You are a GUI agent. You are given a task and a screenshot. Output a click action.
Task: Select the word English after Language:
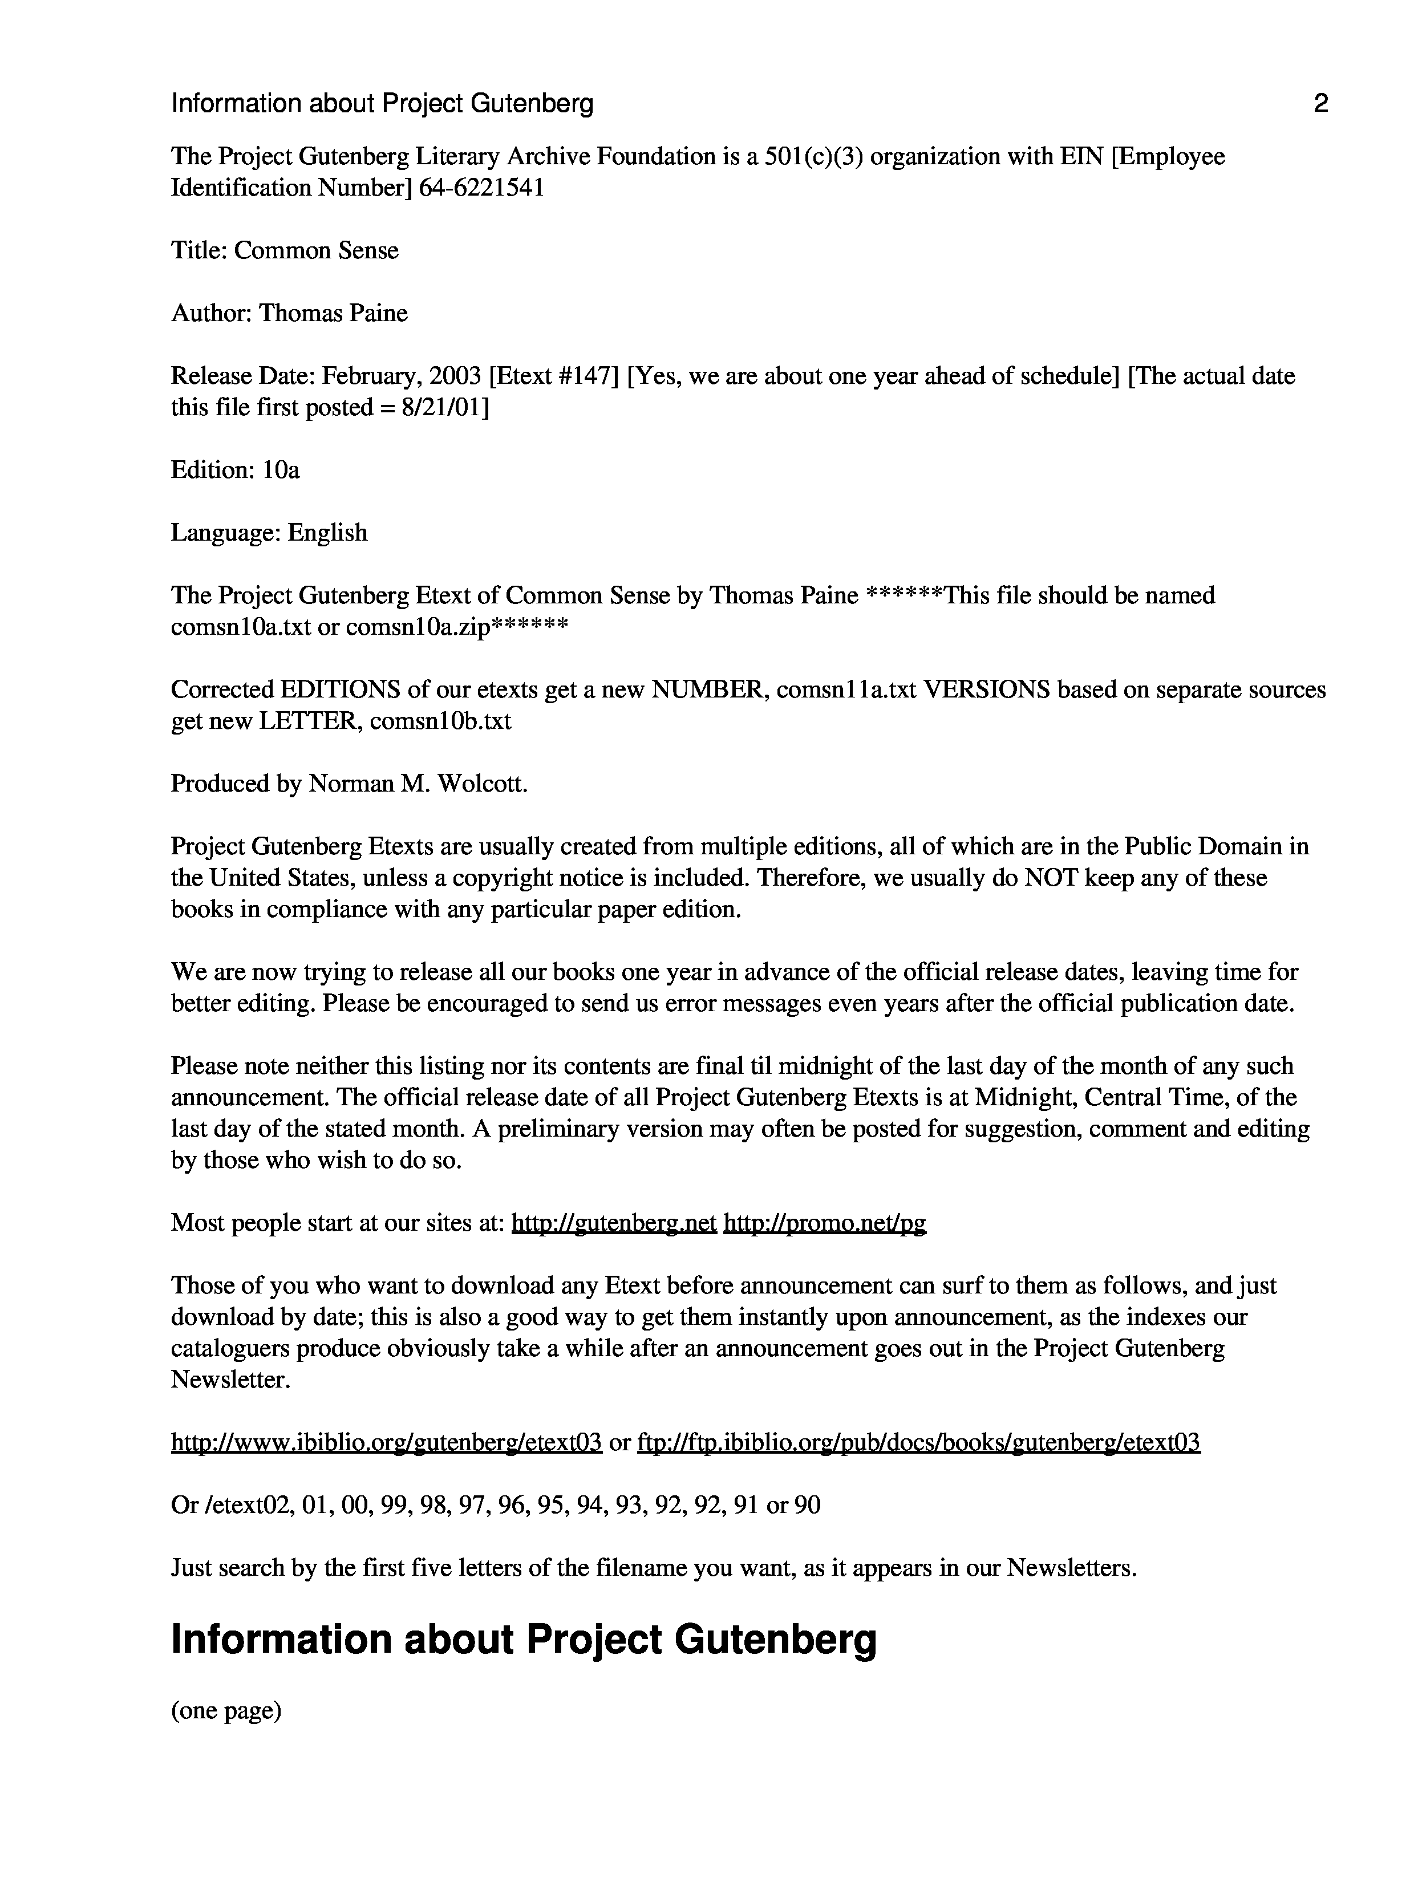(327, 533)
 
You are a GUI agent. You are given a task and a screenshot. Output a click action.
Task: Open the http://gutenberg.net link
(613, 1223)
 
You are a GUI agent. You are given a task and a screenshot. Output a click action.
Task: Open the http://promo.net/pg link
(824, 1223)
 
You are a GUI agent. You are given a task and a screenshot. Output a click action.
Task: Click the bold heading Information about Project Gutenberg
(523, 1640)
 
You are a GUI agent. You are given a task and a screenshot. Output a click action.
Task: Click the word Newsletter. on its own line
(230, 1379)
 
